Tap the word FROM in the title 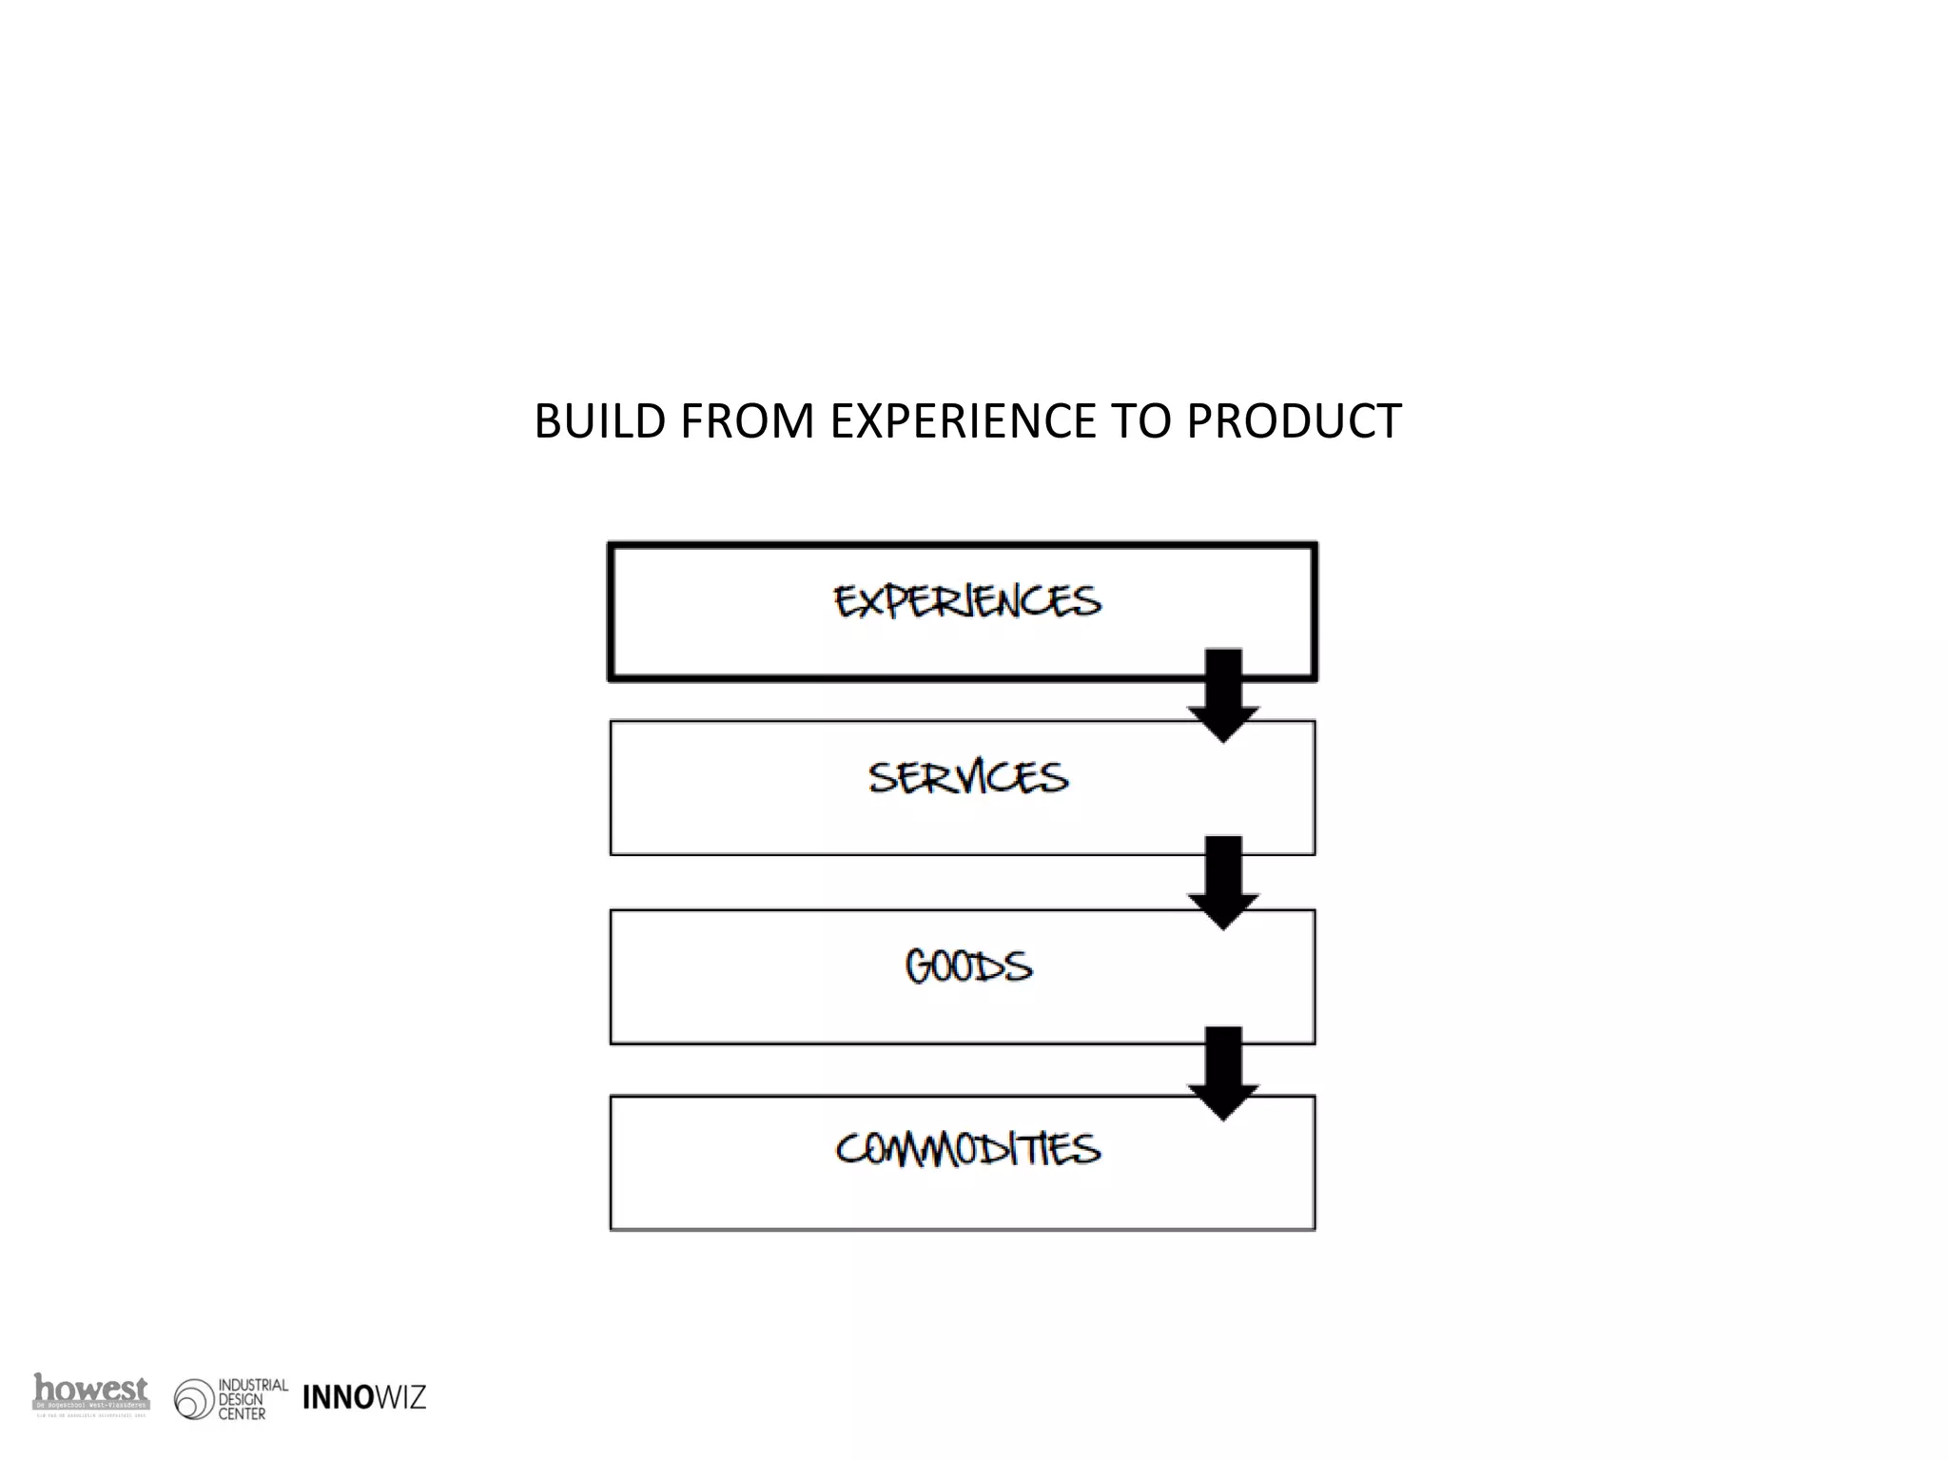pyautogui.click(x=747, y=421)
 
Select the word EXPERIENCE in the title pyautogui.click(x=963, y=421)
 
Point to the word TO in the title pyautogui.click(x=1141, y=421)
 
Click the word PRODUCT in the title pyautogui.click(x=1294, y=421)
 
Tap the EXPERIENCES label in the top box pyautogui.click(x=967, y=601)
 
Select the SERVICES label pyautogui.click(x=968, y=778)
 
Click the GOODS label pyautogui.click(x=968, y=966)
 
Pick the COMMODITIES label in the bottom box pyautogui.click(x=968, y=1148)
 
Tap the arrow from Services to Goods pyautogui.click(x=1223, y=883)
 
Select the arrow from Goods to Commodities pyautogui.click(x=1223, y=1073)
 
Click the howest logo pyautogui.click(x=91, y=1393)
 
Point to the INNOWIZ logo pyautogui.click(x=364, y=1397)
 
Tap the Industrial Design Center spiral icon pyautogui.click(x=194, y=1400)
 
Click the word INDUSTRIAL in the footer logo pyautogui.click(x=253, y=1385)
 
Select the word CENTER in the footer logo pyautogui.click(x=242, y=1414)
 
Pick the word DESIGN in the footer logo pyautogui.click(x=241, y=1399)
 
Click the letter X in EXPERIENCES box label pyautogui.click(x=867, y=602)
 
